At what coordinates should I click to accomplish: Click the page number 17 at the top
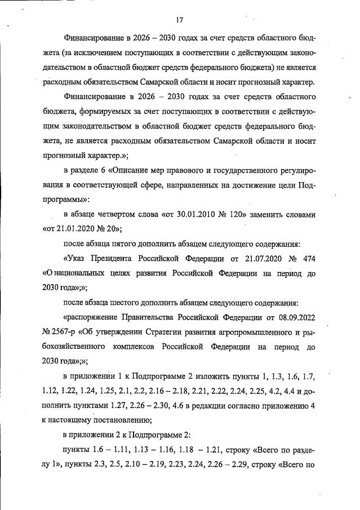180,20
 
